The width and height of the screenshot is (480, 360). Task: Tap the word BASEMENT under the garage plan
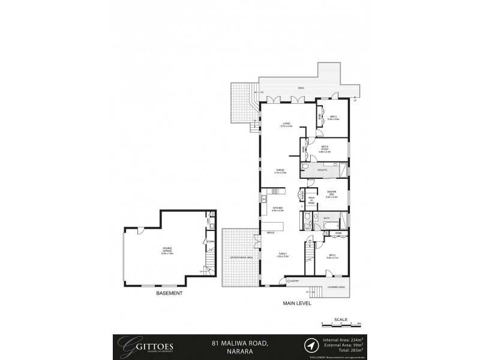point(170,293)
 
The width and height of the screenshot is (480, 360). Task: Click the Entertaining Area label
point(241,257)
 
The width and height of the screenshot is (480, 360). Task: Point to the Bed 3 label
point(333,256)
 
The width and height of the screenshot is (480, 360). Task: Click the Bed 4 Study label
point(326,150)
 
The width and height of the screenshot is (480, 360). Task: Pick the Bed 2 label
point(333,118)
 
